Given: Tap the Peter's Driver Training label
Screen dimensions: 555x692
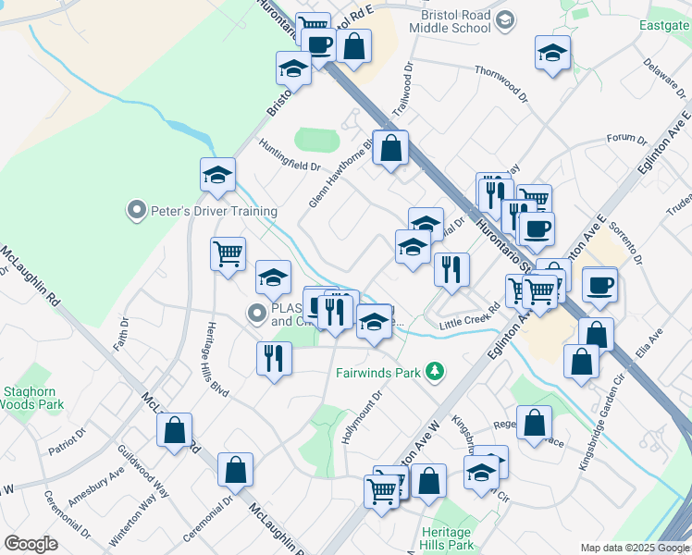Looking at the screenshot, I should click(x=202, y=211).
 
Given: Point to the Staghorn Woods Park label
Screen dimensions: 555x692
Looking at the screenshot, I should click(x=31, y=398).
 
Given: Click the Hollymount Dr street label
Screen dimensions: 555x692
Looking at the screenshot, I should click(x=362, y=417).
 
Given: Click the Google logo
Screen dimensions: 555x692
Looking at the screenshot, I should click(x=31, y=544).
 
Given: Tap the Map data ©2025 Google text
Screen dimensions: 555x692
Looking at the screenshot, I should click(x=635, y=548).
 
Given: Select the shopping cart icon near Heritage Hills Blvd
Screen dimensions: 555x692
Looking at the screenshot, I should click(x=228, y=253).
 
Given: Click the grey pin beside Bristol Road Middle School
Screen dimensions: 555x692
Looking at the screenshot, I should click(x=505, y=19).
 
